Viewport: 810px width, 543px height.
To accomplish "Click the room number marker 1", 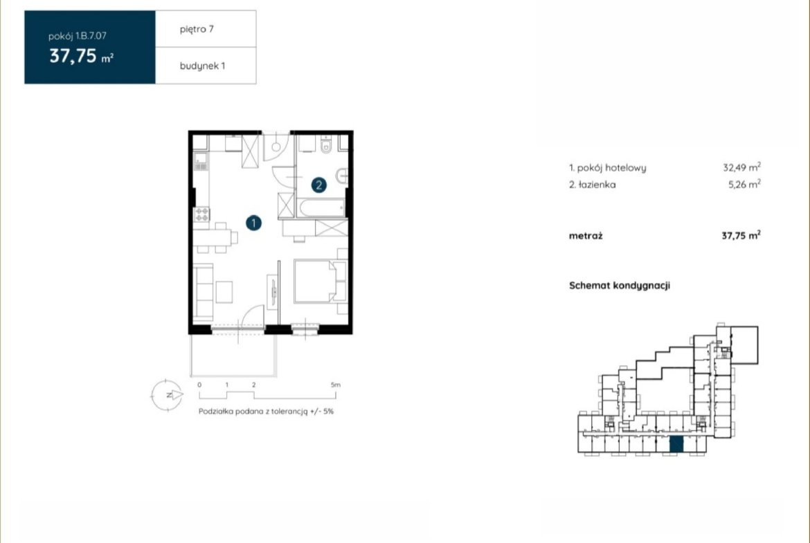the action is point(253,223).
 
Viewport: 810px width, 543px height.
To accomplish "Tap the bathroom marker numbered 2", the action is point(318,185).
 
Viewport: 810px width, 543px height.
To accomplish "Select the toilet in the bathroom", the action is point(326,145).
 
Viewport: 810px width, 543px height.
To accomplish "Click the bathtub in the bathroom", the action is point(321,208).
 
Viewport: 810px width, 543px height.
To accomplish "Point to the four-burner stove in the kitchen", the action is point(201,214).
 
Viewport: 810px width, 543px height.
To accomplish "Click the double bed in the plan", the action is point(320,282).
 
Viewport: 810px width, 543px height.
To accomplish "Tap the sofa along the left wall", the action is point(203,292).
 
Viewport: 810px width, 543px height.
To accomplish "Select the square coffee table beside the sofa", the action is point(224,292).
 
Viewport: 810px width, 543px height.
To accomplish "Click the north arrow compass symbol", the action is point(167,395).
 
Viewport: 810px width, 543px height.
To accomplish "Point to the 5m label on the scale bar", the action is point(336,385).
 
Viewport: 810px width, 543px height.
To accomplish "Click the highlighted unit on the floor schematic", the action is point(676,444).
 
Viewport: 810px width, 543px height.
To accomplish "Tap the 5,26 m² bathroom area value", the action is point(744,184).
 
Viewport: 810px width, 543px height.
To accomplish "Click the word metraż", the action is point(586,236).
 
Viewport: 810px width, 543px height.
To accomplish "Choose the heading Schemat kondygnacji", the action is point(620,286).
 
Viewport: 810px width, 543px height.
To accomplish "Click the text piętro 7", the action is point(197,30).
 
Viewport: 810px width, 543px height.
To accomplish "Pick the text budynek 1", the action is point(202,66).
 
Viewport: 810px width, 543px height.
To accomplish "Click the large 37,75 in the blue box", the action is point(73,55).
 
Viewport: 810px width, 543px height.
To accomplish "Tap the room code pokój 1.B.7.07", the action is point(78,36).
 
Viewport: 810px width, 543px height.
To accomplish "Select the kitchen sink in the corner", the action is point(200,162).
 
